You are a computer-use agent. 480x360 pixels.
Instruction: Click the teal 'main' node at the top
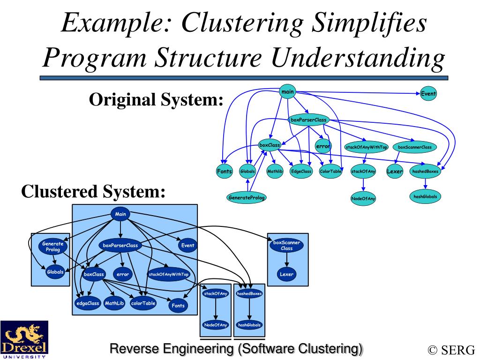pos(287,91)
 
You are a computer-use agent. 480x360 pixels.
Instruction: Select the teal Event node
pos(428,94)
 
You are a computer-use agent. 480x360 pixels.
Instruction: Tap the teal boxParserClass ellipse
pos(308,120)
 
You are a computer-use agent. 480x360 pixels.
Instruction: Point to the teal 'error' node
pos(323,146)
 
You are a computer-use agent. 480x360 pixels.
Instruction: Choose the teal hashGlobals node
pos(425,196)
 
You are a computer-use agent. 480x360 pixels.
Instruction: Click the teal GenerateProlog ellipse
pos(247,197)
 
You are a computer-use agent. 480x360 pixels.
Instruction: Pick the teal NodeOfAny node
pos(363,198)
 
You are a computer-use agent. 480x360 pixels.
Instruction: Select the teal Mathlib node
pos(275,172)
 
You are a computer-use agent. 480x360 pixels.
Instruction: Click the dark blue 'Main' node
pos(120,214)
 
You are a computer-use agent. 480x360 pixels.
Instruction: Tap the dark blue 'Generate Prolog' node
pos(52,247)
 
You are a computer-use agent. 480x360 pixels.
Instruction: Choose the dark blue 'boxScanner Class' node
pos(286,246)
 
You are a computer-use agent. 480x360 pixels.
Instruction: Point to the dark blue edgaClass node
pos(88,303)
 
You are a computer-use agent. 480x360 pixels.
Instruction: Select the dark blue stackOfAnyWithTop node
pos(168,274)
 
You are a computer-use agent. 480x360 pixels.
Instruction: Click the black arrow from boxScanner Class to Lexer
pos(286,260)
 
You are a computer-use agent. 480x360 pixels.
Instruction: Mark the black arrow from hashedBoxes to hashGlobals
pos(249,309)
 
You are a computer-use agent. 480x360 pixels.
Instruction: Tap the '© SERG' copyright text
pos(451,350)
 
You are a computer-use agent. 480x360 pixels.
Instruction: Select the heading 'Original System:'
pos(156,99)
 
